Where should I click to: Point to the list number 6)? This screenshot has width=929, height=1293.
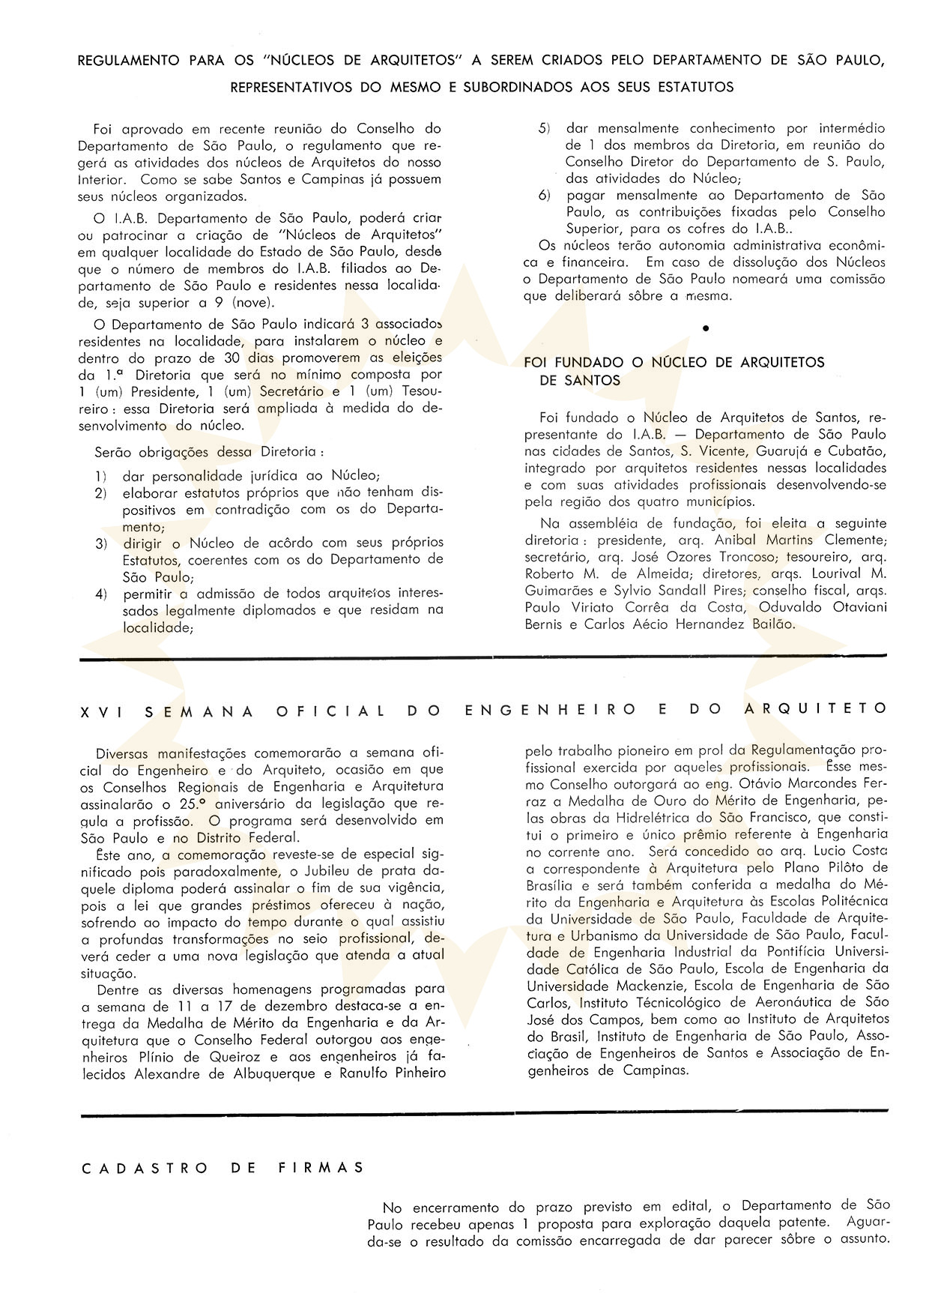[545, 195]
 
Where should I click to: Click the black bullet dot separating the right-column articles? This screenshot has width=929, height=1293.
[706, 328]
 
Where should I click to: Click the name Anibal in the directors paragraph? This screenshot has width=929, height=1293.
[738, 540]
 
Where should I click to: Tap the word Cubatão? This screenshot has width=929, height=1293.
[853, 451]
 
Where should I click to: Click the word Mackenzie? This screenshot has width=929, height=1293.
[648, 985]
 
